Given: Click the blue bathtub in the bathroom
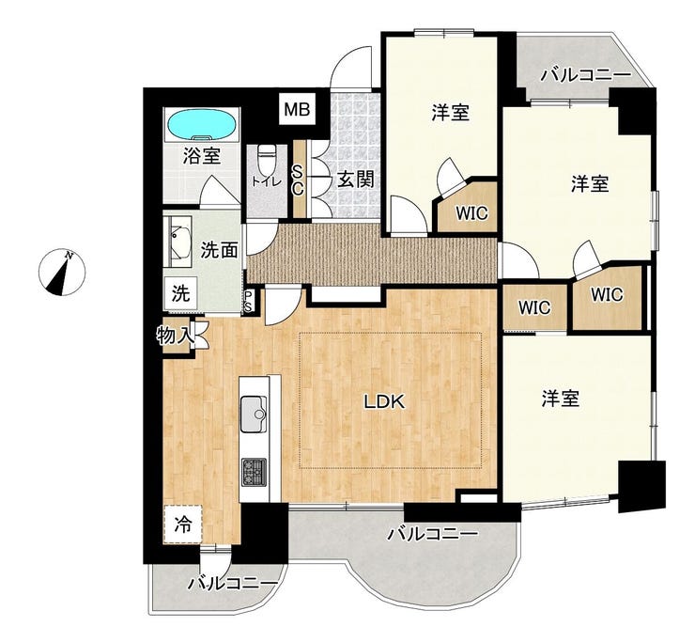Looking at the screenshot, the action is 202,125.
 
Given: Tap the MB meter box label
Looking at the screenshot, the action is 297,109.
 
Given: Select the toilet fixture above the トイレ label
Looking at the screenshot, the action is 267,159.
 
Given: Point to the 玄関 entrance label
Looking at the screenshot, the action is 356,180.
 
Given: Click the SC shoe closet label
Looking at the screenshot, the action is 298,181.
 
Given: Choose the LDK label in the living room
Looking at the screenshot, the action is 384,401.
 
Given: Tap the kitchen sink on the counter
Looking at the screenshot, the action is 254,414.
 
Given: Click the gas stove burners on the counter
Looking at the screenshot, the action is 254,472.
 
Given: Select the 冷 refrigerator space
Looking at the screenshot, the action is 182,524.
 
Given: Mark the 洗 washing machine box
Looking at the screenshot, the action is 180,293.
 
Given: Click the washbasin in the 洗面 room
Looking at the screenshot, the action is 178,242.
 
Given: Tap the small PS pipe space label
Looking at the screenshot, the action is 249,301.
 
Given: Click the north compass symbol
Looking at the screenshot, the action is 62,273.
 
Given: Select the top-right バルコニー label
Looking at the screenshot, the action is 586,75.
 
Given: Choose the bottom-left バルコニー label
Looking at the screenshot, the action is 233,583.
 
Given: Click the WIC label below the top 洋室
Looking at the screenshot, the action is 472,213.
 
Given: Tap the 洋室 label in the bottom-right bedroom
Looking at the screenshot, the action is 561,398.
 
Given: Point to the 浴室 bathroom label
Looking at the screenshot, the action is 202,156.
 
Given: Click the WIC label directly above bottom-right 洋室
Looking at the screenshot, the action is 534,307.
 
